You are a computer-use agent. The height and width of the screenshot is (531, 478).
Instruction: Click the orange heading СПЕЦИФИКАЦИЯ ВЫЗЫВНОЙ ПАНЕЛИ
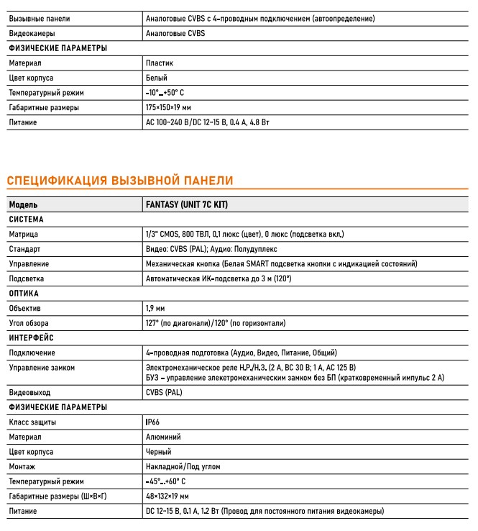[x=120, y=179]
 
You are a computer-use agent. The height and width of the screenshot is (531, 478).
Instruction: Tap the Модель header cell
[x=24, y=204]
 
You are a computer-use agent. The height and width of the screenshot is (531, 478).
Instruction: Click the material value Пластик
[x=159, y=63]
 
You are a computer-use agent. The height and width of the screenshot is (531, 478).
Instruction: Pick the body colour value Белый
[x=156, y=78]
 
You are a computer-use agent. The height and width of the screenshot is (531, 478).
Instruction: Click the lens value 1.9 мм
[x=155, y=308]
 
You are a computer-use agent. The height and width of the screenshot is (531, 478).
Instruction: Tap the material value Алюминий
[x=163, y=436]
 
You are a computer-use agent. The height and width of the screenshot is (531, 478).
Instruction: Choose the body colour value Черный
[x=158, y=451]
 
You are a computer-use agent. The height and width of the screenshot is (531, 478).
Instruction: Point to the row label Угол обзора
[x=29, y=323]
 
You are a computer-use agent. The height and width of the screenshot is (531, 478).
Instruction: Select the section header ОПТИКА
[x=24, y=294]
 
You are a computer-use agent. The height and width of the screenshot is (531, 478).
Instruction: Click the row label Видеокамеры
[x=32, y=33]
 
